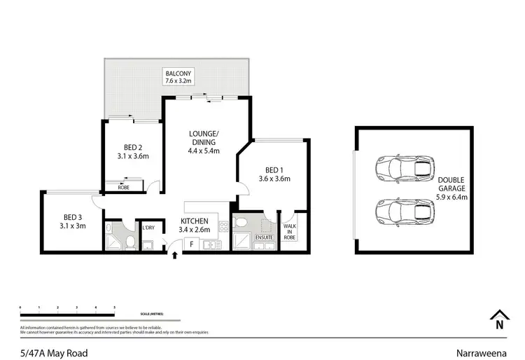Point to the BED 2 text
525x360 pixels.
coord(133,152)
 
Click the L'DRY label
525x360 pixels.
coord(148,228)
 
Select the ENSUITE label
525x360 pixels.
coord(265,238)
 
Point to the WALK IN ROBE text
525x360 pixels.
coord(289,233)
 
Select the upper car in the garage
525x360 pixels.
coord(405,168)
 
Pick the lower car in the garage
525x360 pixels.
coord(405,210)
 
